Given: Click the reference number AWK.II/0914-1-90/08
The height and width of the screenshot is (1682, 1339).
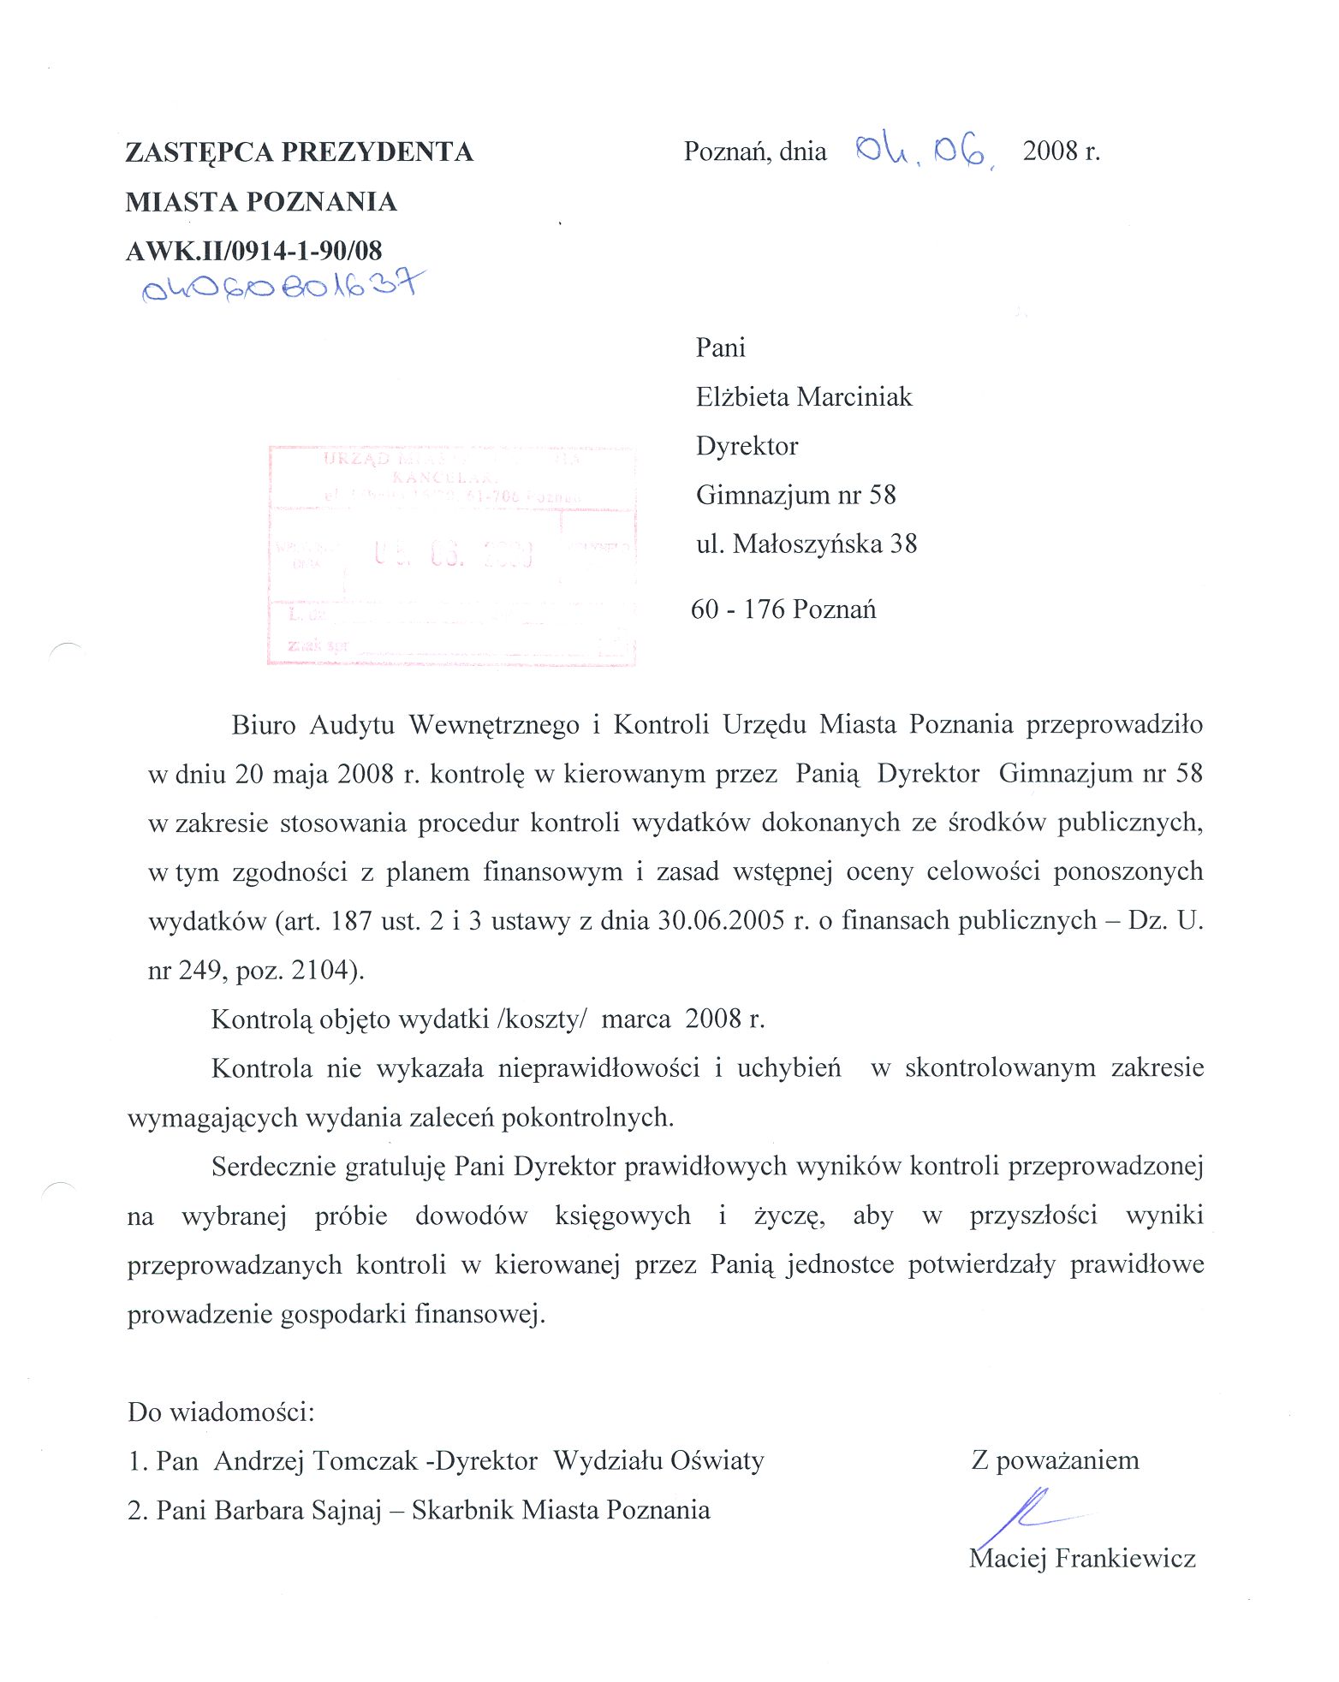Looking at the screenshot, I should coord(253,251).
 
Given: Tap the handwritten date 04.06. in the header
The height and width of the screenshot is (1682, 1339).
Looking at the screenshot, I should coord(925,152).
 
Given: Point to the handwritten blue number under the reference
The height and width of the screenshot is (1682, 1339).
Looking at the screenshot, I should coord(283,286).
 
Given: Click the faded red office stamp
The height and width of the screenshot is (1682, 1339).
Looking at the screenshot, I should coord(451,555).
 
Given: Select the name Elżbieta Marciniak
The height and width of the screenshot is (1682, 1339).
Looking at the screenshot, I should coord(804,397).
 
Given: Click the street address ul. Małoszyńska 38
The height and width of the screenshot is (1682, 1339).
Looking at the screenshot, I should coord(806,544).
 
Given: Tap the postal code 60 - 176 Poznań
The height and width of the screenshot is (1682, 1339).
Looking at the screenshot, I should coord(783,609).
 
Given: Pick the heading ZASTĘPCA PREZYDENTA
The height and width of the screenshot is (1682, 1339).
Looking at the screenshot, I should coord(299,152).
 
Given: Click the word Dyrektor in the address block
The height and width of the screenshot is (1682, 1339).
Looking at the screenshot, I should coord(747,446).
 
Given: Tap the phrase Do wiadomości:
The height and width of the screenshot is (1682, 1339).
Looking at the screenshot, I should coord(221,1412).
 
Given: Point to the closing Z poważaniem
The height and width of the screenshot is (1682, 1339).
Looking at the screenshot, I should coord(1055,1460).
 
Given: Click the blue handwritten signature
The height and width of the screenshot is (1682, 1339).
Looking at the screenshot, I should coord(1027,1514).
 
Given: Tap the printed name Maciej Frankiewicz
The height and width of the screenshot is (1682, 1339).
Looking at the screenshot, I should coord(1082,1559).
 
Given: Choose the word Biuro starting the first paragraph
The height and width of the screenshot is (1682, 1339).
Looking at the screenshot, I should coord(263,725).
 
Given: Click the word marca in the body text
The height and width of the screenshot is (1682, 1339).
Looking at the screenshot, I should coord(635,1019).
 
